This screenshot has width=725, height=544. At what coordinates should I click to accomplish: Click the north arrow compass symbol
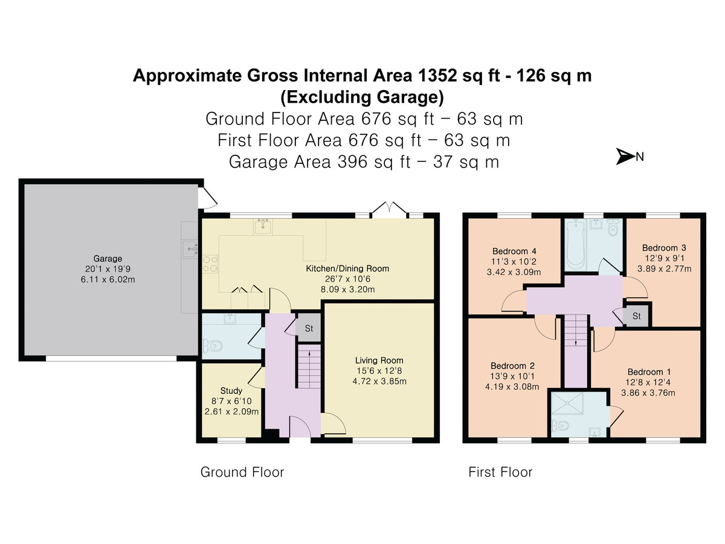tap(625, 156)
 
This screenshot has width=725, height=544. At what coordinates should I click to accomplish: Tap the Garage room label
tap(108, 259)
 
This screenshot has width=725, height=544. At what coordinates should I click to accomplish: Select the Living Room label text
tap(379, 360)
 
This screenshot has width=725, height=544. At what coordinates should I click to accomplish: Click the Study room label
tap(231, 390)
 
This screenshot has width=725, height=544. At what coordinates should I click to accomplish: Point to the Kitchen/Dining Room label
tap(347, 268)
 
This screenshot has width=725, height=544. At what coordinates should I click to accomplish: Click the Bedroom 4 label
tap(514, 251)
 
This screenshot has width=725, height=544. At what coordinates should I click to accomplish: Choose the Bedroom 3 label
tap(664, 248)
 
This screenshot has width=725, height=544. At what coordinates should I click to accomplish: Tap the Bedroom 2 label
tap(512, 366)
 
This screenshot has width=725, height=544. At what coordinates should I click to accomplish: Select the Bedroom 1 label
tap(649, 372)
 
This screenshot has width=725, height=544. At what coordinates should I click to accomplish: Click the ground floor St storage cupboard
tap(309, 328)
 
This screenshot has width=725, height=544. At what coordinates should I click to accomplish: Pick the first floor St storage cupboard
tap(636, 316)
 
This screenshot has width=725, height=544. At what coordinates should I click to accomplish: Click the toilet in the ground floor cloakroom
tap(211, 346)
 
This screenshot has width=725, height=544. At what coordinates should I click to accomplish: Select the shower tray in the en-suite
tap(568, 403)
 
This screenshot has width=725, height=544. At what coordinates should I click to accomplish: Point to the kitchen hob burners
tap(210, 264)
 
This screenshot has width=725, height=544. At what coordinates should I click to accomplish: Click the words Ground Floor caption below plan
tap(242, 472)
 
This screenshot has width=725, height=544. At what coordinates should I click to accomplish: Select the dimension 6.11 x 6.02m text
tap(108, 279)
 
